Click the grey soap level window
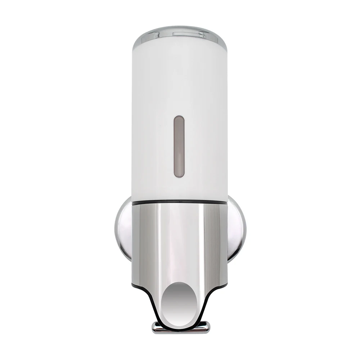tap(179, 146)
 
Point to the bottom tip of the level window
tap(179, 175)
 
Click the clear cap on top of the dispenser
tap(180, 33)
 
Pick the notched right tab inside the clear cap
tap(203, 35)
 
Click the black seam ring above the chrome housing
tap(180, 203)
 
